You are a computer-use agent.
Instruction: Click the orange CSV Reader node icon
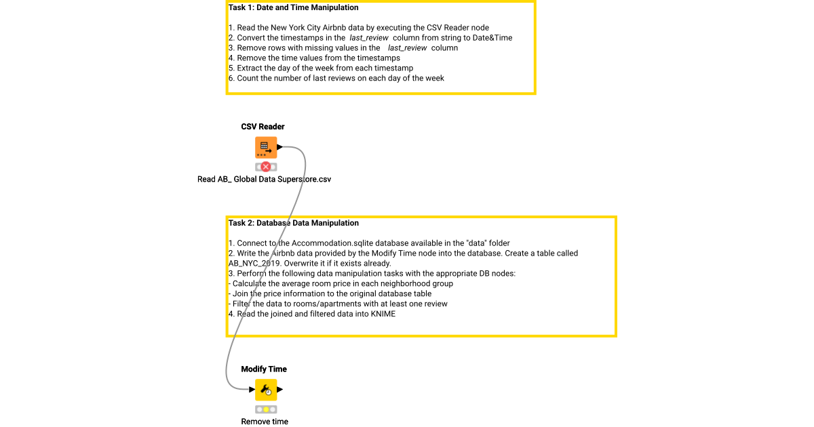pyautogui.click(x=265, y=147)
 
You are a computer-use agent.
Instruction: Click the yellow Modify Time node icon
pyautogui.click(x=265, y=390)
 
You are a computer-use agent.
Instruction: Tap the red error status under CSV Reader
pyautogui.click(x=266, y=167)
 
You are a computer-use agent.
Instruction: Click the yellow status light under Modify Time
pyautogui.click(x=266, y=409)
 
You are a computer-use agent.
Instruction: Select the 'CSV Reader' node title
pyautogui.click(x=263, y=127)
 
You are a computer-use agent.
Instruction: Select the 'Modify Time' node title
pyautogui.click(x=264, y=369)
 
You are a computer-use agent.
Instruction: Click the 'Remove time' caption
pyautogui.click(x=265, y=422)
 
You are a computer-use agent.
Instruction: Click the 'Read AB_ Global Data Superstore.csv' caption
pyautogui.click(x=264, y=180)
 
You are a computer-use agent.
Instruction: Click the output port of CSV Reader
pyautogui.click(x=280, y=146)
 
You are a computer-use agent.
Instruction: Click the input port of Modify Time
pyautogui.click(x=252, y=390)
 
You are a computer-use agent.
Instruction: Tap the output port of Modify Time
pyautogui.click(x=280, y=390)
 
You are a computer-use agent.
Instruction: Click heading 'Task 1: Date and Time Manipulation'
pyautogui.click(x=294, y=8)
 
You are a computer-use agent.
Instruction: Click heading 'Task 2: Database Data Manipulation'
pyautogui.click(x=294, y=223)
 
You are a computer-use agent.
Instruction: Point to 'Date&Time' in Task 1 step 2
pyautogui.click(x=494, y=38)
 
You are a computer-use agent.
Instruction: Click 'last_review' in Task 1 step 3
pyautogui.click(x=407, y=48)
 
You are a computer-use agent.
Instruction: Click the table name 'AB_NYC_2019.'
pyautogui.click(x=252, y=264)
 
